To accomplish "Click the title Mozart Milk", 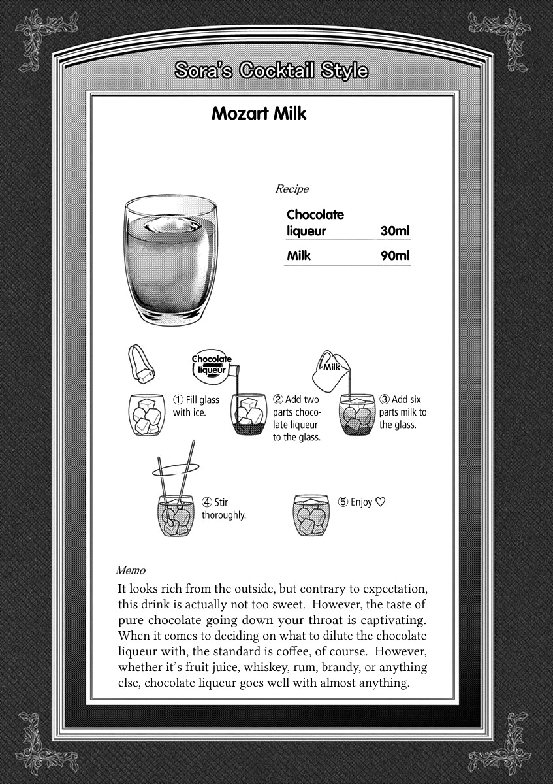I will point(259,114).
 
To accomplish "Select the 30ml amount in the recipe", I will point(395,231).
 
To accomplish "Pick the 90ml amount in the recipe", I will point(395,255).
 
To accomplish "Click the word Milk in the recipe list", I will point(298,255).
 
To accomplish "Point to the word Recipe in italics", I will point(292,189).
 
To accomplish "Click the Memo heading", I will point(131,570).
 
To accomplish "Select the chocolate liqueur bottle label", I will point(211,365).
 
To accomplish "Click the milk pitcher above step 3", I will point(333,369).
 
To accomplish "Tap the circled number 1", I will point(178,400).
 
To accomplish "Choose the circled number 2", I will point(278,399).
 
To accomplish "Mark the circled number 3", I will point(385,399).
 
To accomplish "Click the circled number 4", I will point(207,502).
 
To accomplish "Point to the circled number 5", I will point(343,502).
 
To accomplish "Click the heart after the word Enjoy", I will point(381,502).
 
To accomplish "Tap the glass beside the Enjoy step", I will point(311,515).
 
